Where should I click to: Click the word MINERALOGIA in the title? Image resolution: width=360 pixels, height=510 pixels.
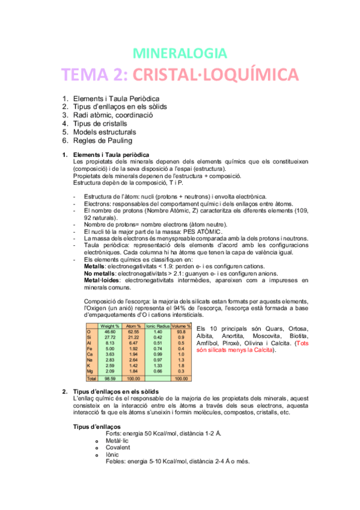pyautogui.click(x=179, y=53)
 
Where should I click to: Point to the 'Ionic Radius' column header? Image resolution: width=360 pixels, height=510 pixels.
pyautogui.click(x=158, y=325)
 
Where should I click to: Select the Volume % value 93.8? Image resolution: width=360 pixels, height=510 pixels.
pyautogui.click(x=180, y=331)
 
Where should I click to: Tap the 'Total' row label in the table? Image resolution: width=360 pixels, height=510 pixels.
pyautogui.click(x=91, y=379)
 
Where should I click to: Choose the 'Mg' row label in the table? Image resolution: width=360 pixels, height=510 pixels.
pyautogui.click(x=89, y=372)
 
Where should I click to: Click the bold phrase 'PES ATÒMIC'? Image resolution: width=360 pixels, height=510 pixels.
pyautogui.click(x=202, y=232)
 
